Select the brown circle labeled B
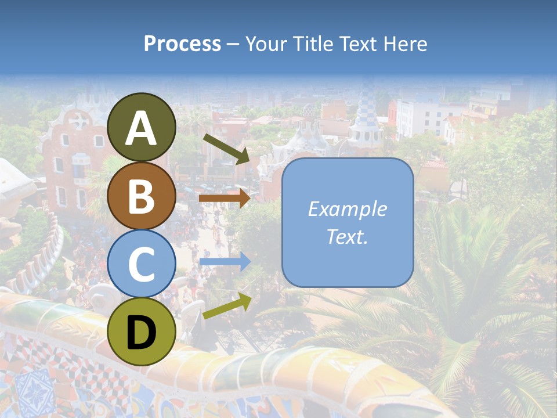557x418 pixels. click(142, 196)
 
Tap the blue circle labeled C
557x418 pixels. click(142, 264)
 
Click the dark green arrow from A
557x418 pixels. click(226, 149)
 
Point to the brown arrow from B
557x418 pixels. click(225, 198)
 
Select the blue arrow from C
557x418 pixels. click(225, 262)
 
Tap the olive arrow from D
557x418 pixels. click(227, 306)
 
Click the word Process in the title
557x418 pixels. click(182, 44)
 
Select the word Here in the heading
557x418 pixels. click(404, 44)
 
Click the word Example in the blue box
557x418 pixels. click(347, 209)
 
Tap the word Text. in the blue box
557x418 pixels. click(347, 236)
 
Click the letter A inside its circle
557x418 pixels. click(142, 129)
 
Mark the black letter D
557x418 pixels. click(142, 333)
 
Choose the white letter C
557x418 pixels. click(142, 265)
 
